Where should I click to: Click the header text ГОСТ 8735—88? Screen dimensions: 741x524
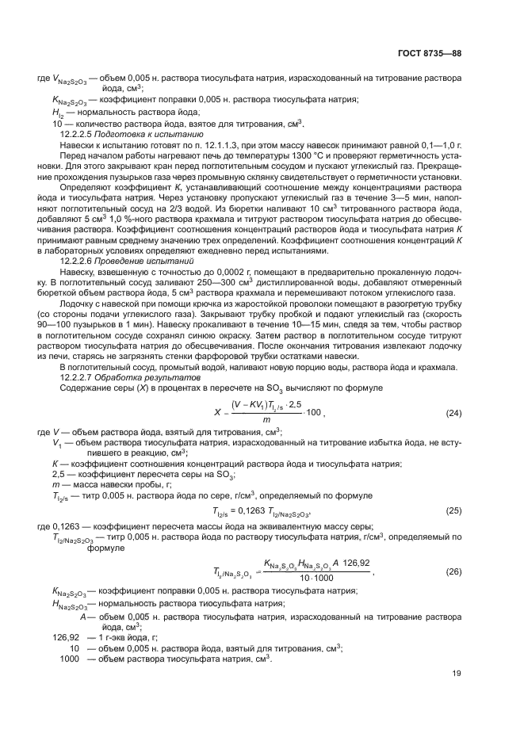[x=452, y=53]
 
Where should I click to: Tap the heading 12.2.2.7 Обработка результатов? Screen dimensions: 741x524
[x=125, y=377]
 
